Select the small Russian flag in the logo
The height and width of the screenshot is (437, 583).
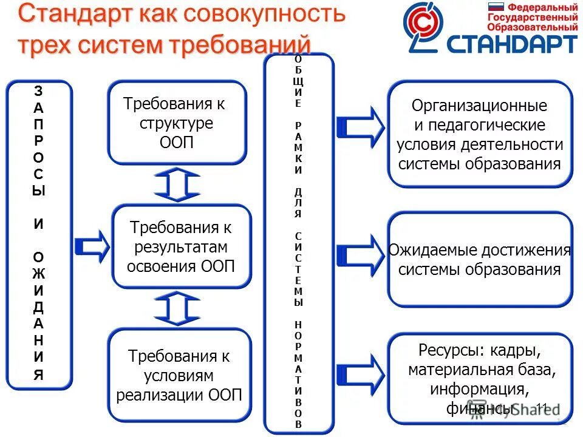tap(497, 8)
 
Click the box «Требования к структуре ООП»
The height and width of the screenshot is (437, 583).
tap(177, 123)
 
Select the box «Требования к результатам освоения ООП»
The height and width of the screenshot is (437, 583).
tap(182, 246)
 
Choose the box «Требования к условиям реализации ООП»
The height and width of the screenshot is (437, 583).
tap(179, 375)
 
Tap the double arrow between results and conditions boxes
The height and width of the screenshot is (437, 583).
tap(177, 308)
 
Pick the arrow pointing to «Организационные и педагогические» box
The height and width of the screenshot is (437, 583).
tap(360, 126)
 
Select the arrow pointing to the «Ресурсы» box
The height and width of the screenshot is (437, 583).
tap(360, 371)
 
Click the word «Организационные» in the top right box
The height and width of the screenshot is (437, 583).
tap(479, 106)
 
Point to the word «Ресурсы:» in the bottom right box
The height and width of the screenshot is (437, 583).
tap(447, 350)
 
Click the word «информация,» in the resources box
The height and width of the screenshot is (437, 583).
tap(480, 388)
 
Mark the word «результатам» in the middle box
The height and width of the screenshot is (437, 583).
tap(182, 248)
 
